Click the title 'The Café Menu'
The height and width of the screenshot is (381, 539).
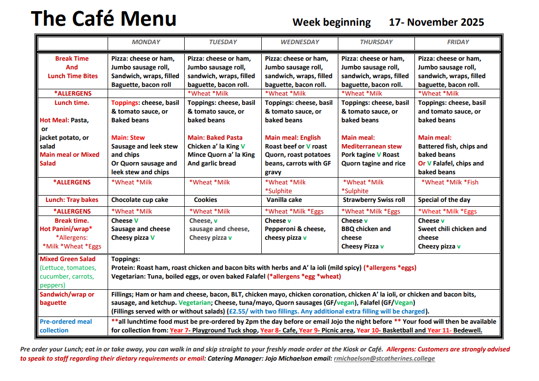104,19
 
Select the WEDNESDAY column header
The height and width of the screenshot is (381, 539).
300,42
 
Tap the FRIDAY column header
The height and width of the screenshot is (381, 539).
458,42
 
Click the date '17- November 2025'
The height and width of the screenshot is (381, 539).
436,22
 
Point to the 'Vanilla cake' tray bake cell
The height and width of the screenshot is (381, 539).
284,200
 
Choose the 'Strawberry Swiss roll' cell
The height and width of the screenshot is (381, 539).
374,200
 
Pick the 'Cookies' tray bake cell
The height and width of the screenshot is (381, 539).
206,200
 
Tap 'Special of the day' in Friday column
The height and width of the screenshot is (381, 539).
444,200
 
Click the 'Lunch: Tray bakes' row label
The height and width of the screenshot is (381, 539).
72,200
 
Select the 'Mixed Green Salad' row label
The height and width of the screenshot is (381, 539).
67,259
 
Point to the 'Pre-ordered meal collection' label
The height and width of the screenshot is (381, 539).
65,326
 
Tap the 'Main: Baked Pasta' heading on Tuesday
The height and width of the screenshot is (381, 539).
215,138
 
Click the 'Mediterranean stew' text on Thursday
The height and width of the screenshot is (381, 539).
371,147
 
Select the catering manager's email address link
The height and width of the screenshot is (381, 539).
384,359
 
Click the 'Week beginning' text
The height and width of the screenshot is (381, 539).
332,22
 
